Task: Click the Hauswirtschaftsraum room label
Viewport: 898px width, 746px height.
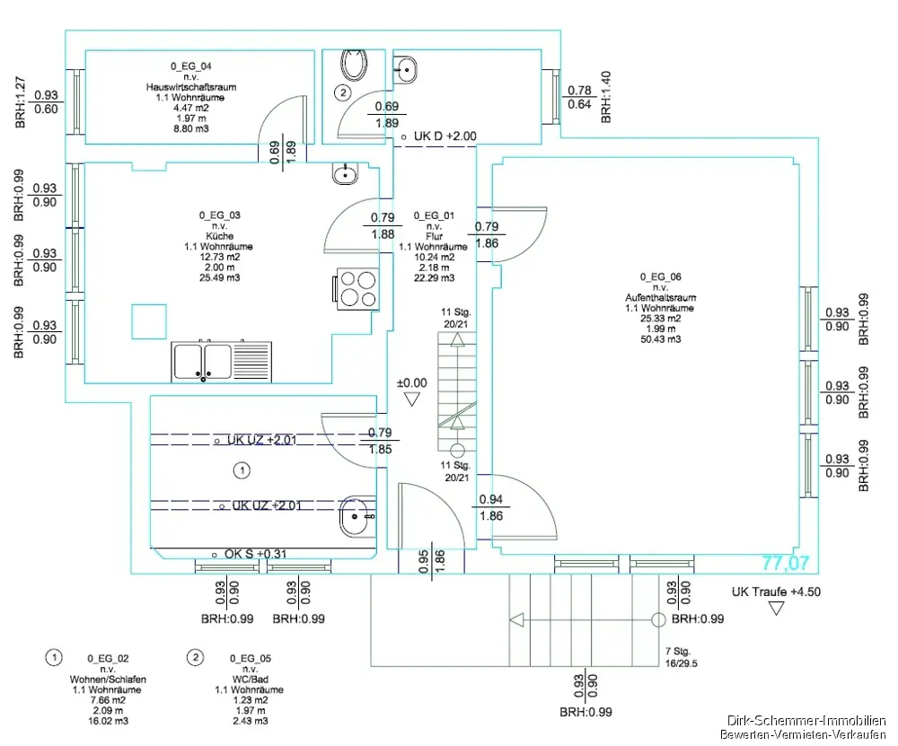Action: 190,87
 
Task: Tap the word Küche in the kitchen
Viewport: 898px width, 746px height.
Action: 220,236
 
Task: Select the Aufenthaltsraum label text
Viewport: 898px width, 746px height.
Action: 660,298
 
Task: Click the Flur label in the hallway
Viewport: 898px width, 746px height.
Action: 434,236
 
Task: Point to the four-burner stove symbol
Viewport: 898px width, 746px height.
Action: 357,289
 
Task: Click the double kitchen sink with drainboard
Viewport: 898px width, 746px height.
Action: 221,362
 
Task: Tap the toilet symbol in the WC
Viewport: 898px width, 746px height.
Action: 354,65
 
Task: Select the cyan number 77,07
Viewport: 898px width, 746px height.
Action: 785,564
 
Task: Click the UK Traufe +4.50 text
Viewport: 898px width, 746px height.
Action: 776,592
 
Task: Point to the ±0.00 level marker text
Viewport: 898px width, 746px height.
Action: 412,383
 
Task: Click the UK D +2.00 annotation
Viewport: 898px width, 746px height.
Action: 445,136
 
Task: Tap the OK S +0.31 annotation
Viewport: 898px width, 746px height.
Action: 255,554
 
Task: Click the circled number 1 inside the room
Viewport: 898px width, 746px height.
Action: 242,470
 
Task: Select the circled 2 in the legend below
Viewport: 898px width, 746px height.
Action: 195,657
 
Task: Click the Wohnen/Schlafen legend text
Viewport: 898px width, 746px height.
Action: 108,680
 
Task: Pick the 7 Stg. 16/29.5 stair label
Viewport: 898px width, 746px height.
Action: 682,657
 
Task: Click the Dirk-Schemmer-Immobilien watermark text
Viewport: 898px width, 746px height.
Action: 806,721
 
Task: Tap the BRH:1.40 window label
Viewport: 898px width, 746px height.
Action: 606,97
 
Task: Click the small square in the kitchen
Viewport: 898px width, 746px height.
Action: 149,321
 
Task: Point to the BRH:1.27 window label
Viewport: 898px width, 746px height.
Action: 21,102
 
